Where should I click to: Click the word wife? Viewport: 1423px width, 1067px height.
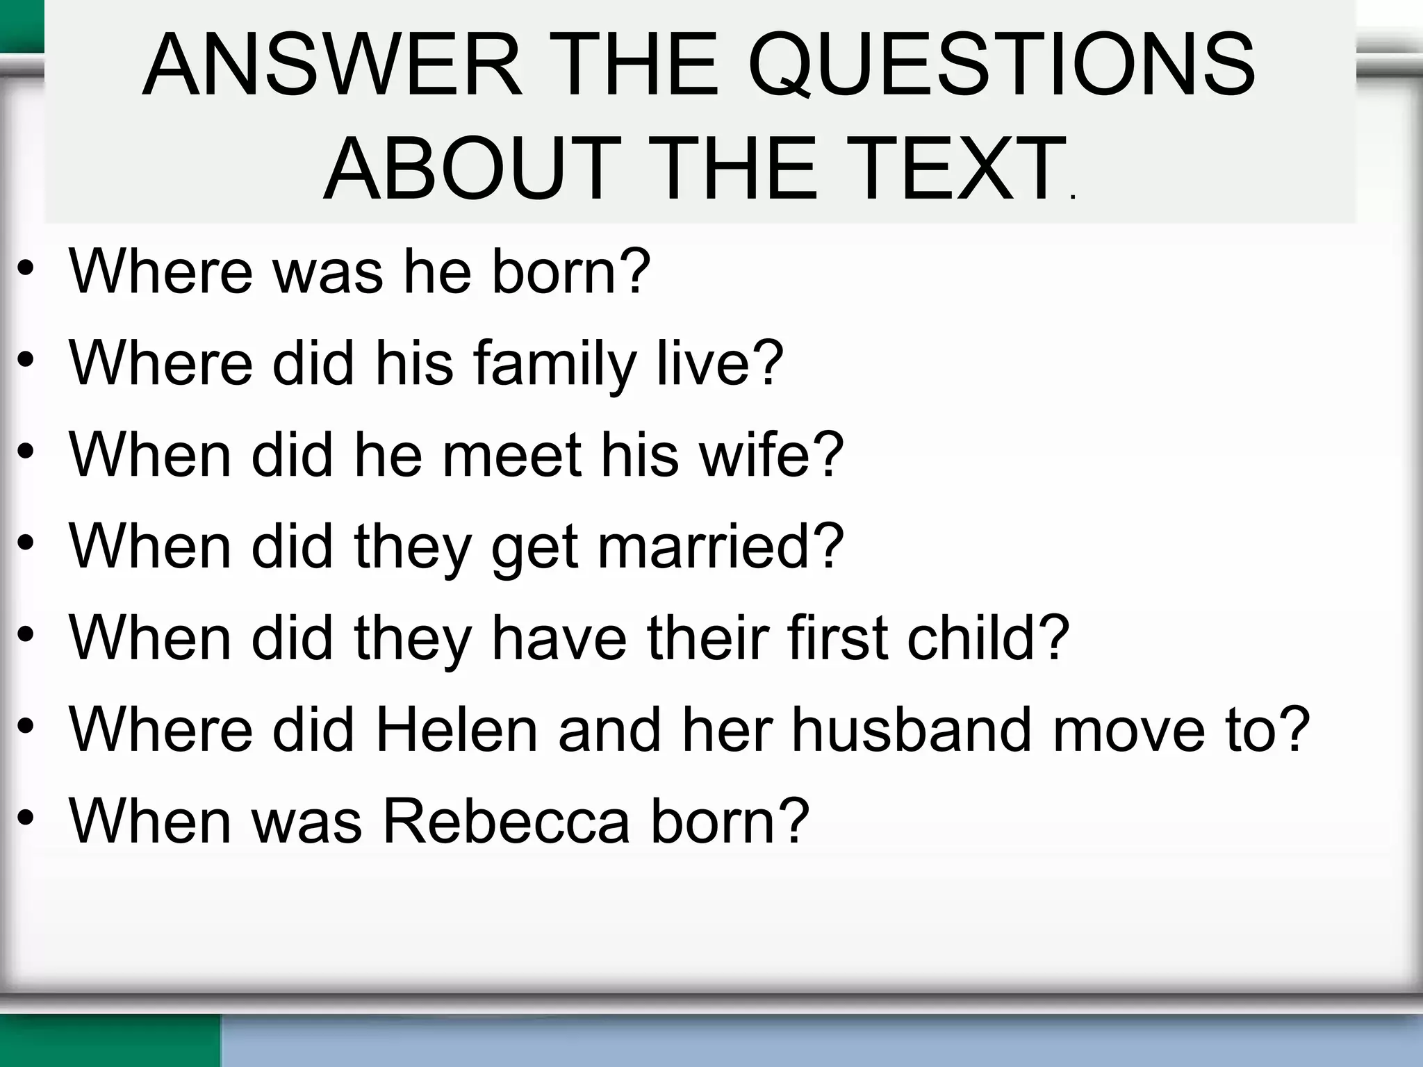point(759,455)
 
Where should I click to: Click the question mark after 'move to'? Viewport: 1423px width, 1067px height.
point(1294,729)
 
